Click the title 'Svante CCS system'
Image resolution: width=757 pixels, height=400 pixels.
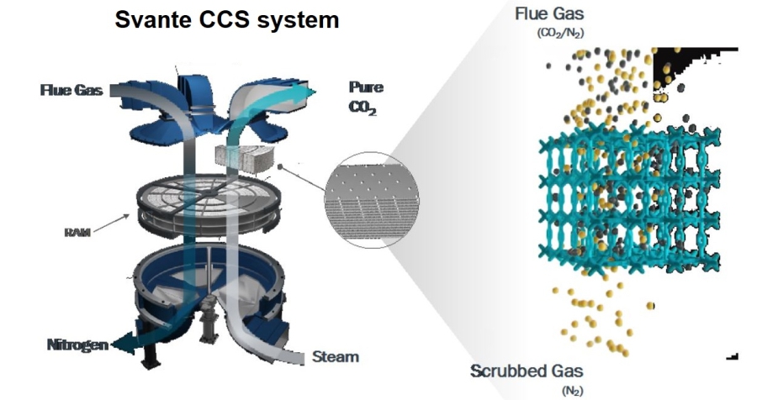pyautogui.click(x=226, y=19)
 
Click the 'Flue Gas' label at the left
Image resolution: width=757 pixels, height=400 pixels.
pyautogui.click(x=71, y=91)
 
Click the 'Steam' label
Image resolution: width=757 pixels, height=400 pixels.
pyautogui.click(x=335, y=356)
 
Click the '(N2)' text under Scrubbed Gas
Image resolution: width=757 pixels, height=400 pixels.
pyautogui.click(x=571, y=390)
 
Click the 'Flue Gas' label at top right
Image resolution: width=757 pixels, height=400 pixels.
pyautogui.click(x=548, y=13)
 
